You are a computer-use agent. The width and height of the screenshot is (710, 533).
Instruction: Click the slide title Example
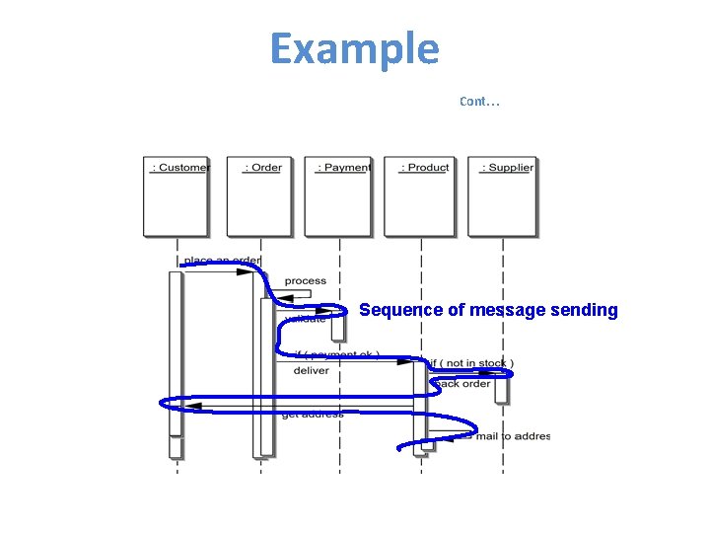coord(354,48)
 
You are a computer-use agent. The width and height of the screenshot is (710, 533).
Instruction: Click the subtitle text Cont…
coord(479,101)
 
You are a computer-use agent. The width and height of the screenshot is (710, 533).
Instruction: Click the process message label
coord(305,281)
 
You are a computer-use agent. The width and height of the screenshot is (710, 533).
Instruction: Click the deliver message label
coord(311,371)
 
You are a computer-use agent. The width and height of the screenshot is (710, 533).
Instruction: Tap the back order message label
coord(462,384)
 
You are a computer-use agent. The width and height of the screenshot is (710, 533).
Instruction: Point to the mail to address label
coord(512,436)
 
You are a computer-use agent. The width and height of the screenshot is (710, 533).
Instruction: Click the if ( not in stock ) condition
coord(469,363)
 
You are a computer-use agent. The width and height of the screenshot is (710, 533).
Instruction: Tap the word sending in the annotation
coord(589,310)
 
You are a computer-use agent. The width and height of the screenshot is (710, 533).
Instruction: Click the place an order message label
coord(222,262)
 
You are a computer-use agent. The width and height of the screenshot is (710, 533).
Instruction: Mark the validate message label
coord(305,319)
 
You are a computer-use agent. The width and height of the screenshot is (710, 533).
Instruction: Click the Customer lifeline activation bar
coord(176,355)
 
